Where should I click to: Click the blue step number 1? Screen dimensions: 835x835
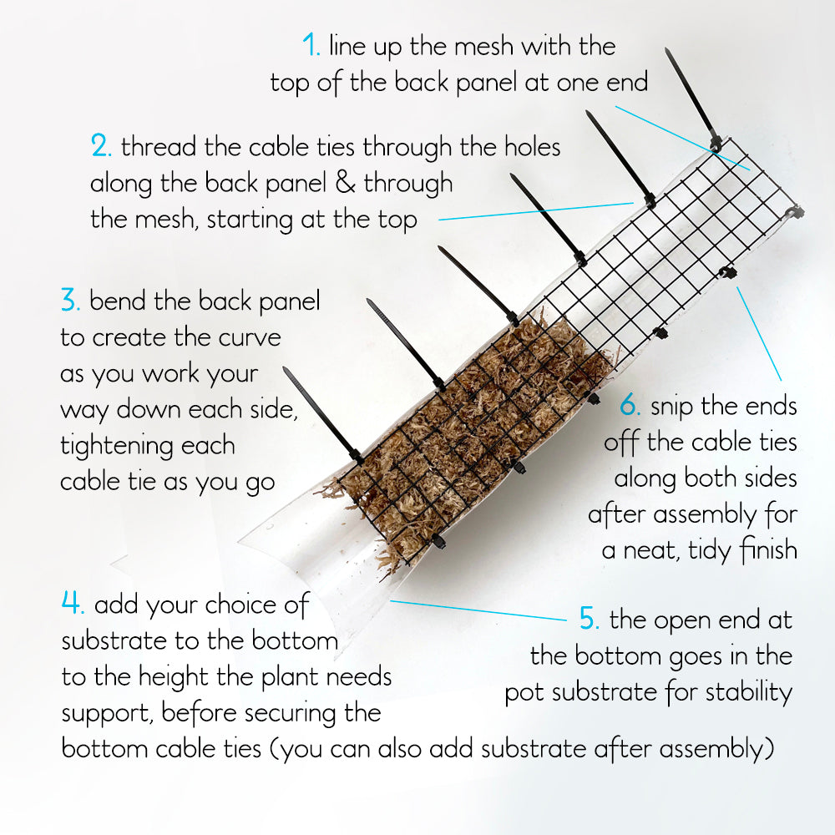coord(311,45)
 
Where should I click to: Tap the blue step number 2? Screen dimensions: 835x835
coord(101,145)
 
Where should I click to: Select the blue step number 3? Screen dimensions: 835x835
coord(70,300)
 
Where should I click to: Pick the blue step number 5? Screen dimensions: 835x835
coord(589,619)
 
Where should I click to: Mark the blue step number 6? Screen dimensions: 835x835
coord(630,405)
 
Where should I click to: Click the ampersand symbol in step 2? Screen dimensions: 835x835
coord(345,182)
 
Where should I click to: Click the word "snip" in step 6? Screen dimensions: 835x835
coord(671,407)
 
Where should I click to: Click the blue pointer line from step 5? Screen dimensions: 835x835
coord(478,610)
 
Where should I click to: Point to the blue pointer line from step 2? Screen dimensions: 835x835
coord(536,211)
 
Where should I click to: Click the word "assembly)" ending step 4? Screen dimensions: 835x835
coord(716,749)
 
